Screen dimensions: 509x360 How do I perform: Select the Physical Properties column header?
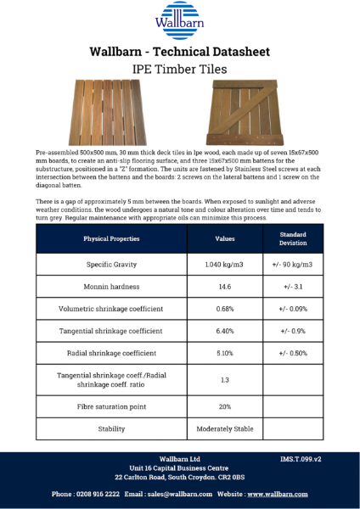[111, 238]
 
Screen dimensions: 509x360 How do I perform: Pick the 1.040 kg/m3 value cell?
[224, 265]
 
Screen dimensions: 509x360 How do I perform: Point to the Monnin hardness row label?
[111, 287]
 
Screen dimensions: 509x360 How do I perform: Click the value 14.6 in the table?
[224, 287]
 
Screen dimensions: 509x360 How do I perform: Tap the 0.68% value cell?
[224, 308]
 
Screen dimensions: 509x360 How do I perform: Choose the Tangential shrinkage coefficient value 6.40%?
[224, 330]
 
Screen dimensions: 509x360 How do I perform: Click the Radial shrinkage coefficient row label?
[111, 352]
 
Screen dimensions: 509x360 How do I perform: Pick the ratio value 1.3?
[224, 379]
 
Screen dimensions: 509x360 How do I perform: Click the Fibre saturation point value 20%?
[224, 406]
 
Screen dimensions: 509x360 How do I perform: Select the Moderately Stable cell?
[224, 428]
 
